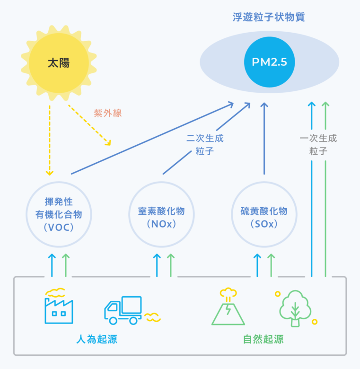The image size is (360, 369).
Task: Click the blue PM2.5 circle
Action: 270,62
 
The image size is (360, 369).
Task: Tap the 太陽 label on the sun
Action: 59,63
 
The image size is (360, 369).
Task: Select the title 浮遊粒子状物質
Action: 269,17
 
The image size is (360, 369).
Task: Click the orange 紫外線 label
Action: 108,113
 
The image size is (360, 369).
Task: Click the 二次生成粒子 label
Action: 205,144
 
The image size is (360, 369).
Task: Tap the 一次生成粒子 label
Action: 318,144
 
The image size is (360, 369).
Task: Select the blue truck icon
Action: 123,310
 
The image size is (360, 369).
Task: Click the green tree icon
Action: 295,308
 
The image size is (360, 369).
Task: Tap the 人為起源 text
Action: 97,339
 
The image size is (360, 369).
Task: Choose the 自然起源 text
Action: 263,339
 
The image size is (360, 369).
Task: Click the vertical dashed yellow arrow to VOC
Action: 49,141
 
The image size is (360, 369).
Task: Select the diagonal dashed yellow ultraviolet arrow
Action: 90,125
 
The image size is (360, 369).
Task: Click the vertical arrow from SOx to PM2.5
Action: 264,138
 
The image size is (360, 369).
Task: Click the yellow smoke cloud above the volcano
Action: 228,292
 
